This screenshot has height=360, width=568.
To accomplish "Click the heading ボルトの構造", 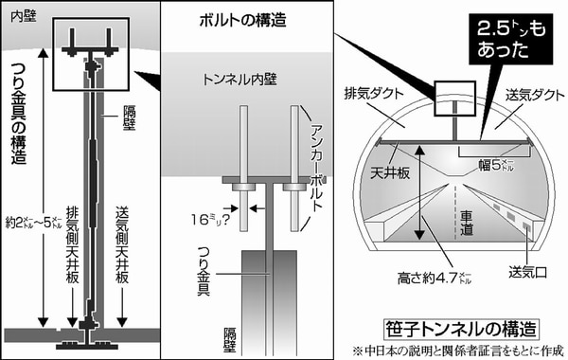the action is tap(242, 20).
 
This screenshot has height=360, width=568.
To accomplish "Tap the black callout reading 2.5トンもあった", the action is tap(511, 39).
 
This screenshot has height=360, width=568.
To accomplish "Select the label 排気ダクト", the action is tap(374, 94).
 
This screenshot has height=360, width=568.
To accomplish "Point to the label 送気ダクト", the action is tap(535, 95).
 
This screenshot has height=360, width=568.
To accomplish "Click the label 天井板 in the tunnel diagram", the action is tap(390, 173).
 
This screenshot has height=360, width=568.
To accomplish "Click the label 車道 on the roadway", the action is tap(466, 224).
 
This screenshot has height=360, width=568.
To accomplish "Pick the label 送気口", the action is tap(527, 272).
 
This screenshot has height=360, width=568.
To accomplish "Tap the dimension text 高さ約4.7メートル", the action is tap(435, 279).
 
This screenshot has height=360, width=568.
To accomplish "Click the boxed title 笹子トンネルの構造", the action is tap(461, 329).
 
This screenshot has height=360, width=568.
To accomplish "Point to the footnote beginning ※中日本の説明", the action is tap(458, 351).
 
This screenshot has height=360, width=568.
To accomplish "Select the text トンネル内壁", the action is tap(240, 80).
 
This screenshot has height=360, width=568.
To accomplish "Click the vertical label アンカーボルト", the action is tap(316, 168).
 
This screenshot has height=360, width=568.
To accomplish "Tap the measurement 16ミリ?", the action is tap(210, 220).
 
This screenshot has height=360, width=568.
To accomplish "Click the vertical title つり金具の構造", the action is tap(19, 113).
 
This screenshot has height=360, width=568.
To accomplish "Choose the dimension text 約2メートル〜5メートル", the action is tap(34, 223).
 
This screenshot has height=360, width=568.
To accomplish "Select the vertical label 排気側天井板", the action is tap(73, 244).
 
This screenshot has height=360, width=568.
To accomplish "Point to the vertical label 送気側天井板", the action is tap(122, 244).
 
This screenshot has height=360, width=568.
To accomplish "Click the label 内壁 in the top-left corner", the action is tap(24, 17).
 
